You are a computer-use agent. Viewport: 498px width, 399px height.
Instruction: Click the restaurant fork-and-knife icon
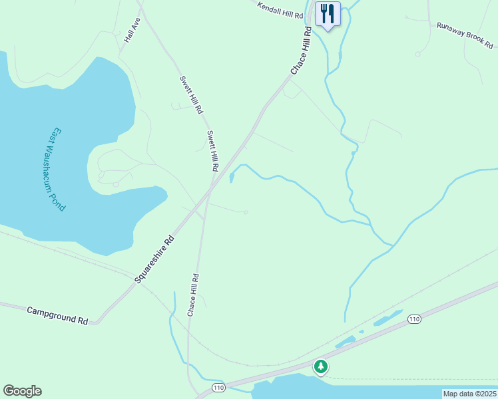pyautogui.click(x=327, y=13)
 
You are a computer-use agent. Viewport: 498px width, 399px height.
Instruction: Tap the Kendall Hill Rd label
pyautogui.click(x=280, y=9)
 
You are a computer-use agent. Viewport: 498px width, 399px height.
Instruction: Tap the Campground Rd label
pyautogui.click(x=57, y=315)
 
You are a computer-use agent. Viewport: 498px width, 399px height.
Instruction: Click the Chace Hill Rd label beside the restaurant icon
pyautogui.click(x=301, y=51)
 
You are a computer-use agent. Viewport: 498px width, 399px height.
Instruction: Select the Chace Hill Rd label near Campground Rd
pyautogui.click(x=193, y=294)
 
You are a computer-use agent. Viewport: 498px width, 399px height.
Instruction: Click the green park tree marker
pyautogui.click(x=321, y=366)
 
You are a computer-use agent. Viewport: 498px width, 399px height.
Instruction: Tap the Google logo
pyautogui.click(x=22, y=391)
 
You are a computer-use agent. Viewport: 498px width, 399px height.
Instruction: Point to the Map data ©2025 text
pyautogui.click(x=469, y=394)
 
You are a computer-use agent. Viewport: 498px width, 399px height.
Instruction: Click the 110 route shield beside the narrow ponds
pyautogui.click(x=414, y=320)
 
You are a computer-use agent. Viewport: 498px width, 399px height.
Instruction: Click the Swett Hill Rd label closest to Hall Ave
pyautogui.click(x=191, y=95)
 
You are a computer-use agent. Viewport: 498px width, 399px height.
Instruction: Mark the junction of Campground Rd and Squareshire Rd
pyautogui.click(x=98, y=323)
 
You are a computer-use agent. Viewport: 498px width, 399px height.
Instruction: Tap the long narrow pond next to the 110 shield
pyautogui.click(x=387, y=319)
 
